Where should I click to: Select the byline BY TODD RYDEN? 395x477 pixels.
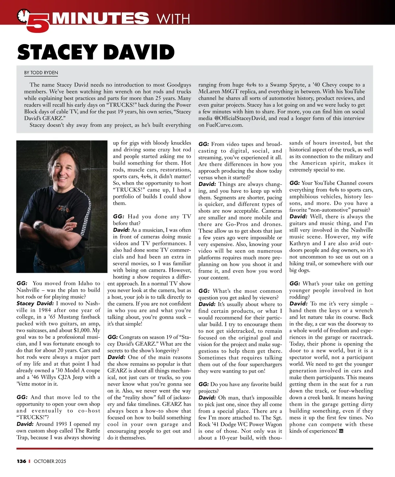coord(41,72)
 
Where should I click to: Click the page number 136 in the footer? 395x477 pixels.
coord(21,461)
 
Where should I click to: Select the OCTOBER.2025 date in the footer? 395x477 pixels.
coord(50,461)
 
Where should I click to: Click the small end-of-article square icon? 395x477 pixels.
coord(341,431)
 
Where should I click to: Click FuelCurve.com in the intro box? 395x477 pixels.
coord(221,125)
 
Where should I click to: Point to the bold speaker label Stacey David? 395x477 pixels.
coord(35,303)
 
